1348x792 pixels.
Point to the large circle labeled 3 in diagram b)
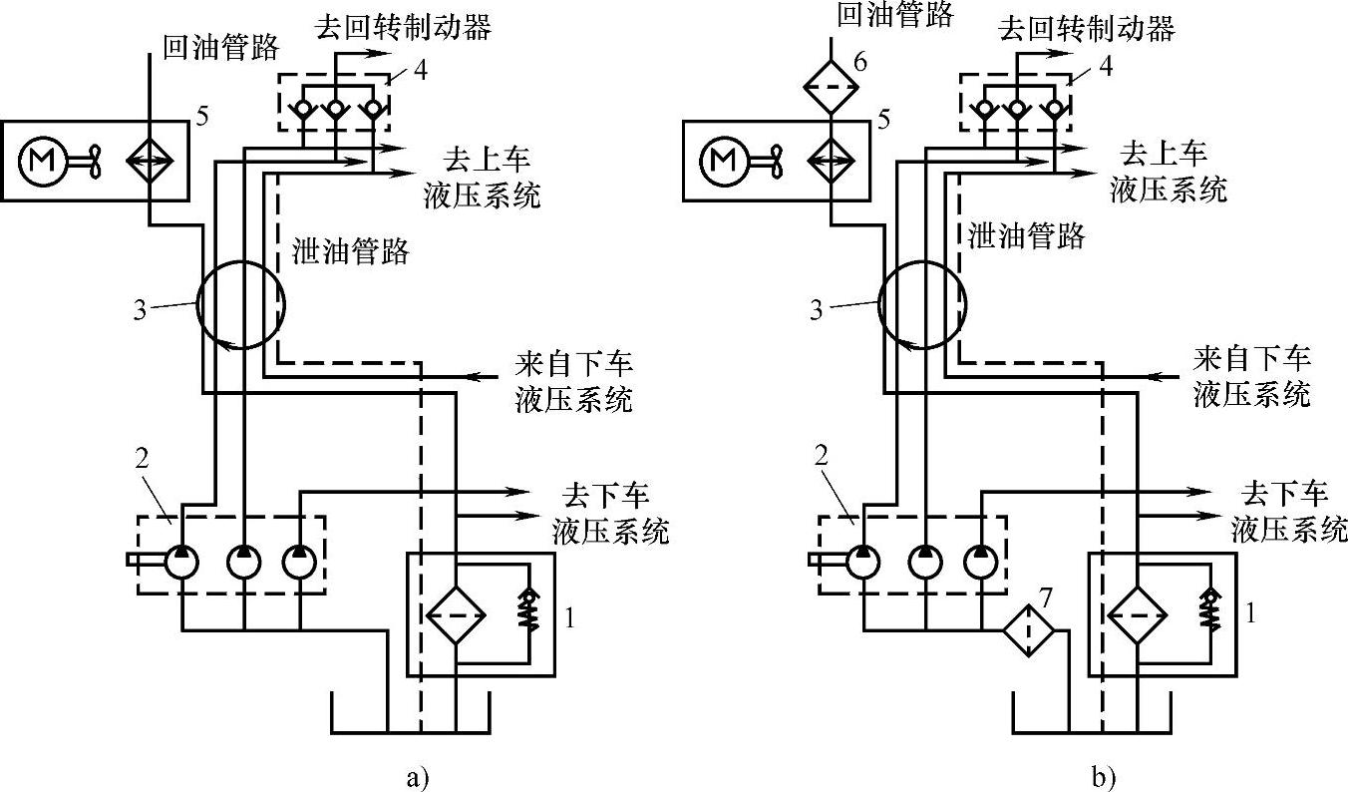[922, 305]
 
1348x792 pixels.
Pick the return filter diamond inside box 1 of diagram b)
[1138, 617]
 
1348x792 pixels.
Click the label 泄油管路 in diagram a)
[351, 251]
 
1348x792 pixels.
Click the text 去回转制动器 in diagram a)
[402, 27]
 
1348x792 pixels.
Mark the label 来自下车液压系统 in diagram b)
[1252, 377]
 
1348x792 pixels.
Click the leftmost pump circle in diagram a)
[182, 561]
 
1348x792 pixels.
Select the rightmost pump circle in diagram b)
[979, 561]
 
